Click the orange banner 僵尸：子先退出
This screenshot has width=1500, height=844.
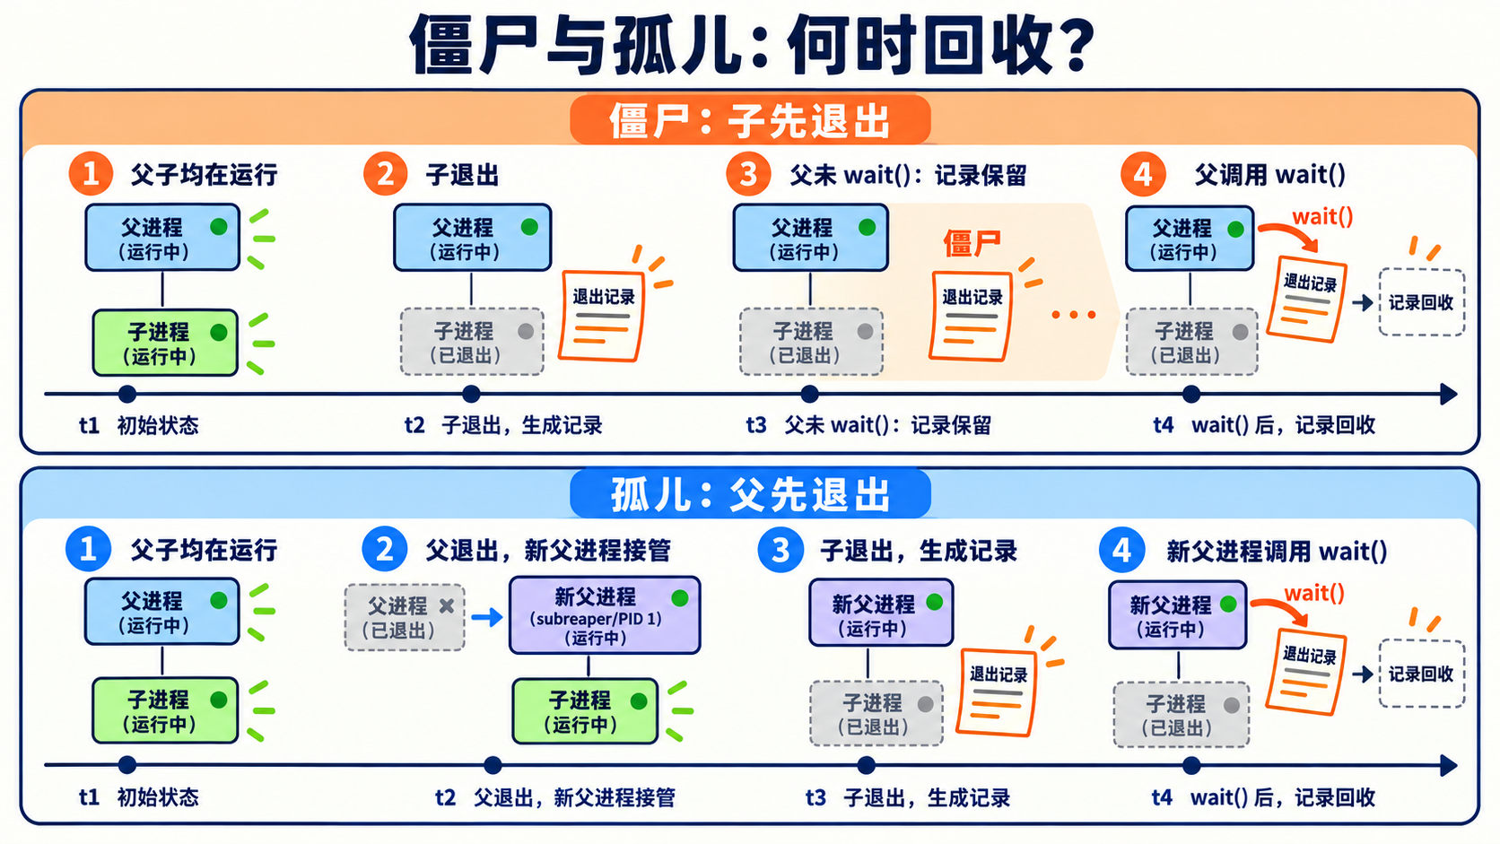pos(750,120)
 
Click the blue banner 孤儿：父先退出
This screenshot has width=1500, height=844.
pos(750,494)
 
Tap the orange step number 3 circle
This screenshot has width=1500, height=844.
pos(748,174)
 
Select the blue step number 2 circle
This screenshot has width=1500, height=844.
pos(384,549)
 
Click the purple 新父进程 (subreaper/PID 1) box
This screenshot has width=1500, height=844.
pos(605,615)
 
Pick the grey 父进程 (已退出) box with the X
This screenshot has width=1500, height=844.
pos(405,617)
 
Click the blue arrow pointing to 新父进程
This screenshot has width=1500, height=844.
pos(487,616)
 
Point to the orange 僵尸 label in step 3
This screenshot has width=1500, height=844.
pos(972,243)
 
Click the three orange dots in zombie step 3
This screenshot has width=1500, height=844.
pos(1074,315)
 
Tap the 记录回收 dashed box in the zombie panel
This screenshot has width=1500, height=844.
pos(1422,302)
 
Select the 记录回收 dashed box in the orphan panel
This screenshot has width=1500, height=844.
pos(1422,674)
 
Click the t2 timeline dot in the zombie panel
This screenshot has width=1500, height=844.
pos(471,394)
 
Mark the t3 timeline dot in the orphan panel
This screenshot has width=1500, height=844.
pos(866,765)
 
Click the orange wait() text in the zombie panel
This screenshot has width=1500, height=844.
pos(1322,216)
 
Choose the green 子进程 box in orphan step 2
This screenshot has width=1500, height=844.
pos(585,710)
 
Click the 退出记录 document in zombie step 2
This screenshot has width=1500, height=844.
pos(601,315)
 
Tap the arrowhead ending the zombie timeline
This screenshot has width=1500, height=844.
pos(1449,395)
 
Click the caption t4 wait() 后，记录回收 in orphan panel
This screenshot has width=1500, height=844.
pos(1263,797)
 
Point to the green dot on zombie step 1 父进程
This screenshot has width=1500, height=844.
pos(218,227)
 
